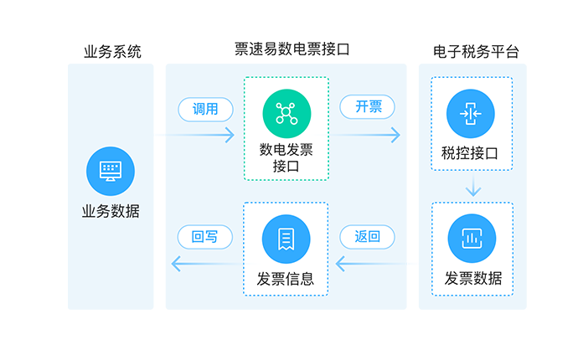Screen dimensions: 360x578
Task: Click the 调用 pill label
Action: click(x=205, y=109)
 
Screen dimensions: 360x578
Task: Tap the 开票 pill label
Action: click(x=369, y=106)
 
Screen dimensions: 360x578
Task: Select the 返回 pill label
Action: click(x=368, y=237)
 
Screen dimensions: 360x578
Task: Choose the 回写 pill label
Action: click(x=205, y=237)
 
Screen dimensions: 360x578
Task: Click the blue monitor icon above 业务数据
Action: click(x=111, y=170)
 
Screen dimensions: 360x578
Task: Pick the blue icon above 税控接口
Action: click(x=470, y=114)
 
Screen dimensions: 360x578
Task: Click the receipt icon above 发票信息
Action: click(x=286, y=238)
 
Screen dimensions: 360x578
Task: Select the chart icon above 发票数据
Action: click(x=472, y=238)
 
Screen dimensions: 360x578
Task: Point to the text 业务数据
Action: click(x=111, y=211)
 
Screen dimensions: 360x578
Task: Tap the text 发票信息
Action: click(x=286, y=279)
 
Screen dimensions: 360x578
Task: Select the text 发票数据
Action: click(x=472, y=279)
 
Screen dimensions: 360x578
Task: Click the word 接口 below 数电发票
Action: click(x=286, y=167)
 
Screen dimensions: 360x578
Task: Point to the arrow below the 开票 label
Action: click(x=369, y=133)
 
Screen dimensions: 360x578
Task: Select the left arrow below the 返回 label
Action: click(x=369, y=265)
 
